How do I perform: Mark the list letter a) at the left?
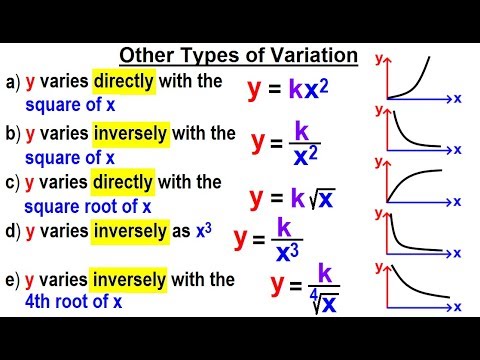click(13, 82)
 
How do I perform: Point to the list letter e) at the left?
click(13, 279)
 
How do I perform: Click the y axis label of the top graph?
click(379, 59)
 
